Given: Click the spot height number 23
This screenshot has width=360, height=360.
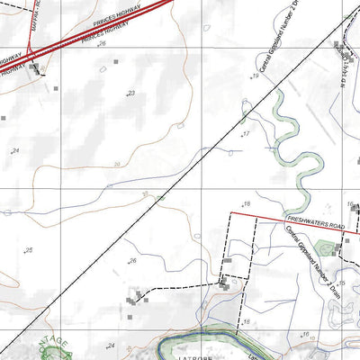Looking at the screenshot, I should (x=131, y=93).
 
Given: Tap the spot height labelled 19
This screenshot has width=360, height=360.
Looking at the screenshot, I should (x=256, y=76).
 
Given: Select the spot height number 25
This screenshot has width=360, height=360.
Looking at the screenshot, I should (x=29, y=250).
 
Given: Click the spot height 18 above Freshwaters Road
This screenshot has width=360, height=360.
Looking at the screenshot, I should (x=247, y=203).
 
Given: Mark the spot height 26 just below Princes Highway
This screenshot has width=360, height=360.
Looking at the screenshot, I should (x=103, y=43).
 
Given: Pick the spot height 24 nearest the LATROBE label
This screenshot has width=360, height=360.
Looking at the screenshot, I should (x=112, y=346).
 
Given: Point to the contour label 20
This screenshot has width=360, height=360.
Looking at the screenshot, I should (x=117, y=164).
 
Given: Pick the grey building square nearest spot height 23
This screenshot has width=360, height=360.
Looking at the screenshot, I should (x=115, y=63).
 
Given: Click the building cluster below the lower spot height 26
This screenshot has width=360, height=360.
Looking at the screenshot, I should (x=138, y=298).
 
